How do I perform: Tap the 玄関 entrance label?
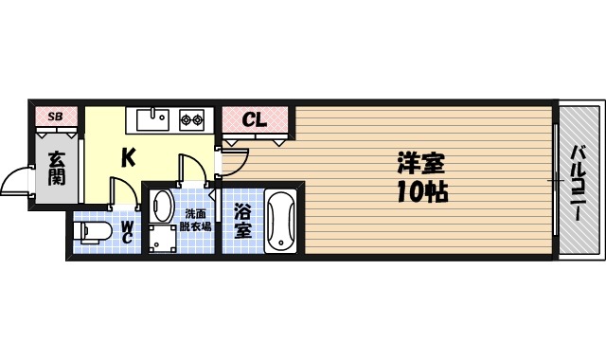[57, 167]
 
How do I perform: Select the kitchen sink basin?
[152, 119]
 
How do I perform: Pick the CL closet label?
[254, 119]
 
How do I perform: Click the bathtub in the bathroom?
[281, 221]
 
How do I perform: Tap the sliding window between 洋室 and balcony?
[555, 180]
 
